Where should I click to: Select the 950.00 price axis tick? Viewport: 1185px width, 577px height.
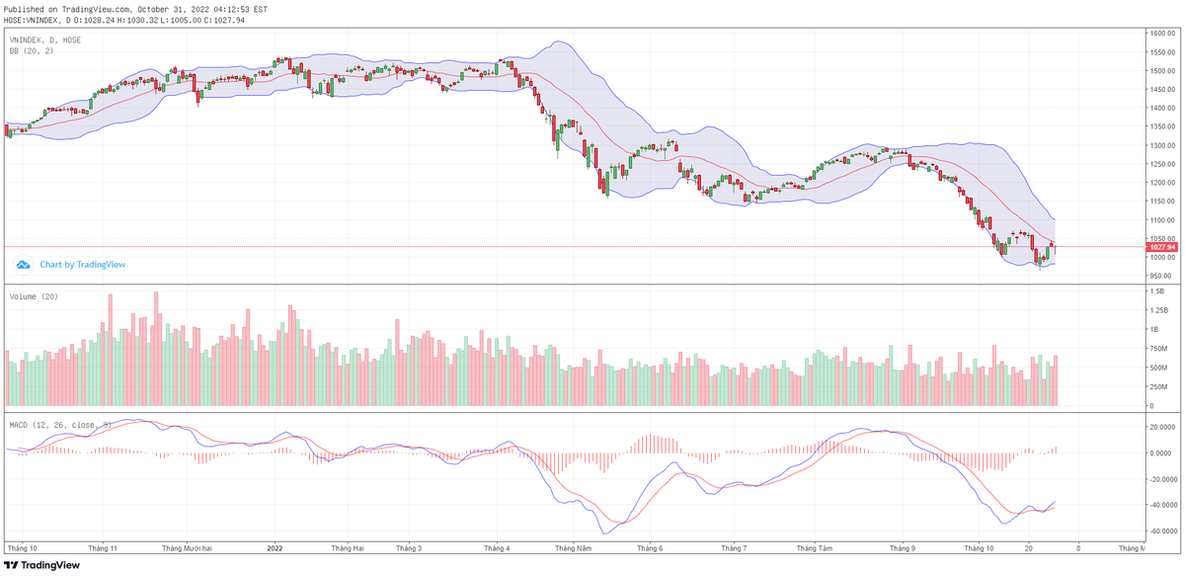tap(1160, 276)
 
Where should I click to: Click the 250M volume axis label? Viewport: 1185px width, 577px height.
tap(1157, 386)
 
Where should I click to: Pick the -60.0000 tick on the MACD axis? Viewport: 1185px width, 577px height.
tap(1163, 531)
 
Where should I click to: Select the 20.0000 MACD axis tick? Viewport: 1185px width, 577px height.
tap(1163, 427)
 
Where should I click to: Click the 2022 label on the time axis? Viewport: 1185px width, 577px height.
tap(275, 547)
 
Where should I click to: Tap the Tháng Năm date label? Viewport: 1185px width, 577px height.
tap(573, 547)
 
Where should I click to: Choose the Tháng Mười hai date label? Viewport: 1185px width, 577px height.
tap(187, 547)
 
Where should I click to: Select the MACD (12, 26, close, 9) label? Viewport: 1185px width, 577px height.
tap(59, 425)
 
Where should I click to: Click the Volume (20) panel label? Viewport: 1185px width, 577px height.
tap(35, 296)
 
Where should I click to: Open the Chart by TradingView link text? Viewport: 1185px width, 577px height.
tap(83, 265)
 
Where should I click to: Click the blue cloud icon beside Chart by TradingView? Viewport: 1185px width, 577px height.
tap(23, 265)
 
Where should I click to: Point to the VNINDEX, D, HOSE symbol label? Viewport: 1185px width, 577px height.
tap(45, 40)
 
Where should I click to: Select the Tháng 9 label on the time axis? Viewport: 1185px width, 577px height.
tap(902, 547)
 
